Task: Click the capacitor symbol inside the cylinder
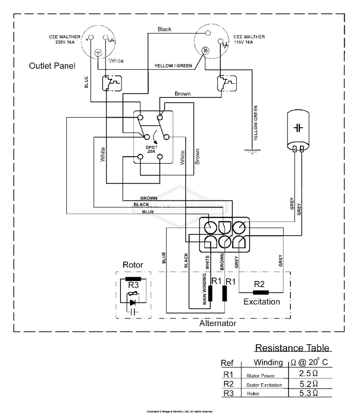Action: [298, 127]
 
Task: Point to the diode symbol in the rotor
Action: [133, 302]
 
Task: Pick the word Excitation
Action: [262, 302]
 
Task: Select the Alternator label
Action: [217, 324]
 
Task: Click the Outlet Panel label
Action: [52, 65]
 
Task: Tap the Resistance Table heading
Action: [292, 348]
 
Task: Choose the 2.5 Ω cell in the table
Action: [308, 373]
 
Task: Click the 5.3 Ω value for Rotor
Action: [308, 393]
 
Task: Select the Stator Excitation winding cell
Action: [264, 385]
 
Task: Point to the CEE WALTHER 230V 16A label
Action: [64, 39]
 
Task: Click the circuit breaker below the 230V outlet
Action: [112, 83]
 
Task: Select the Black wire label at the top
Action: [165, 29]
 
